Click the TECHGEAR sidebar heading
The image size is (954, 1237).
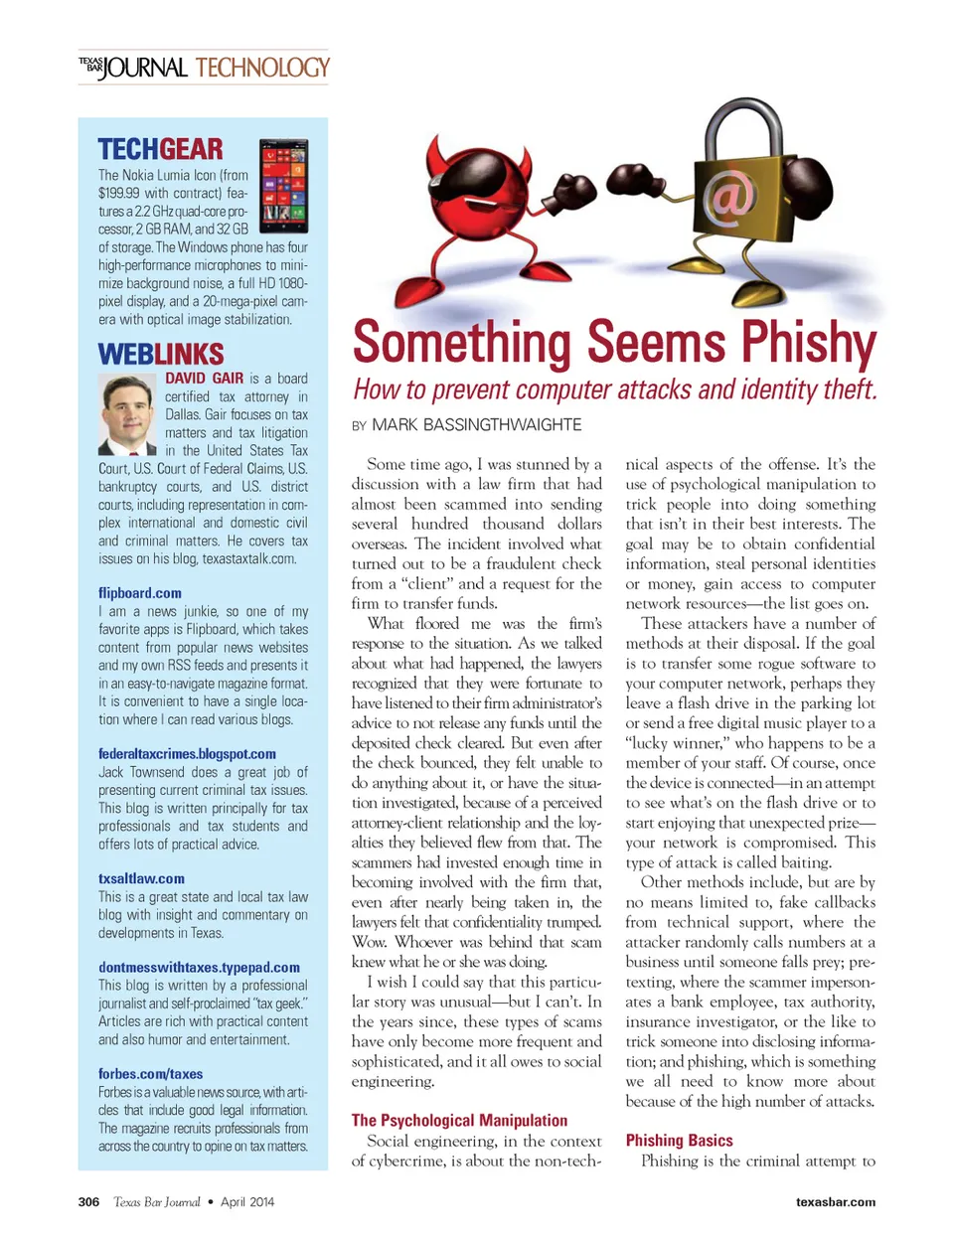(x=160, y=150)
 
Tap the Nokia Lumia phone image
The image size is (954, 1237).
(x=283, y=186)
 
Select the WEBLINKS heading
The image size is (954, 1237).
(x=161, y=354)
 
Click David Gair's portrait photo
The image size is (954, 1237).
(x=128, y=414)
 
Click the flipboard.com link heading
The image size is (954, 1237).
(x=140, y=593)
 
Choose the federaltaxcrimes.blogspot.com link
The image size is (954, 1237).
(x=187, y=754)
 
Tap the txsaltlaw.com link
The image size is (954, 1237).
(x=141, y=878)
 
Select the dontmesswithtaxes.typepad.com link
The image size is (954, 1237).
(x=199, y=967)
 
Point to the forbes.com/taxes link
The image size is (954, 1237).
(x=150, y=1074)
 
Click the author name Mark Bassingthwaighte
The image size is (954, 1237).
(x=476, y=425)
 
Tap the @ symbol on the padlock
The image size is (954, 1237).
(x=730, y=194)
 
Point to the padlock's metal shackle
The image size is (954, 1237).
(x=736, y=125)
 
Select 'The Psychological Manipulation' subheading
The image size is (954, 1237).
(x=459, y=1120)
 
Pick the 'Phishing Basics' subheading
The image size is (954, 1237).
(x=679, y=1141)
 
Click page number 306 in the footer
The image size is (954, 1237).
(x=88, y=1202)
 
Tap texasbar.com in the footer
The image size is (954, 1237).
(x=836, y=1202)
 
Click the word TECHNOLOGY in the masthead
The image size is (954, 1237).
(x=262, y=68)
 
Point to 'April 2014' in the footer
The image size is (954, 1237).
(x=247, y=1202)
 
